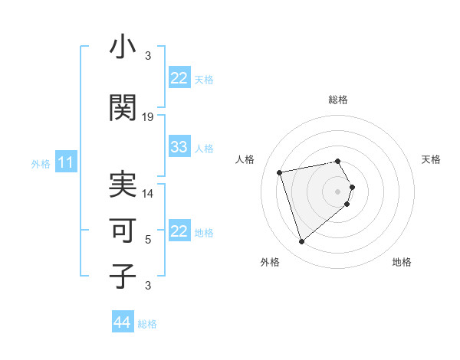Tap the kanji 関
click(x=122, y=108)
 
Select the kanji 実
click(x=122, y=185)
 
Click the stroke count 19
click(x=148, y=117)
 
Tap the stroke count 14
click(x=148, y=194)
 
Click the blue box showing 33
click(x=179, y=147)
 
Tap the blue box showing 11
click(x=66, y=162)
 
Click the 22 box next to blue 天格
click(x=179, y=78)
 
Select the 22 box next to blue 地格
click(x=179, y=231)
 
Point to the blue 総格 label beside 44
click(x=147, y=324)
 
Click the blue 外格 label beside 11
click(x=41, y=163)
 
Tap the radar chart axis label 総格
click(x=338, y=100)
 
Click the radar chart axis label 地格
click(x=402, y=262)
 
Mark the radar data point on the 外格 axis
click(x=301, y=242)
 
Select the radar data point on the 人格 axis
click(x=280, y=172)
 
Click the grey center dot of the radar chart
click(x=338, y=191)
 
